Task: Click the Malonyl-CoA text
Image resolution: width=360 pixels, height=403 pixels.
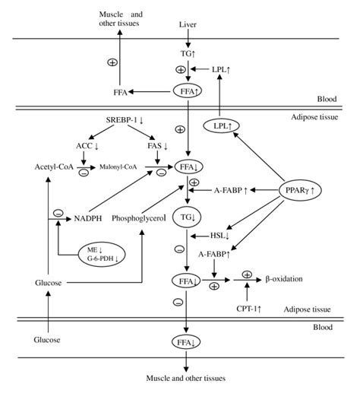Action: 122,166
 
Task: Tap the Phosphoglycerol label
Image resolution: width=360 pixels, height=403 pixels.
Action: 139,217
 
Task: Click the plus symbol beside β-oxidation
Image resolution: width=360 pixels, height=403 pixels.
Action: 247,274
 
